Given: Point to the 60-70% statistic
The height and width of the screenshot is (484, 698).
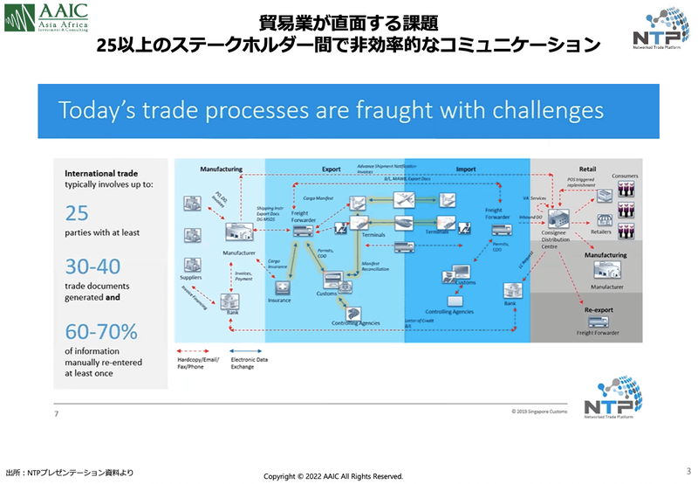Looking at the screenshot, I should coord(100,333).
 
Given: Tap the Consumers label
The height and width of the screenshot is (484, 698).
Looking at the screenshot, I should coord(626,176).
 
